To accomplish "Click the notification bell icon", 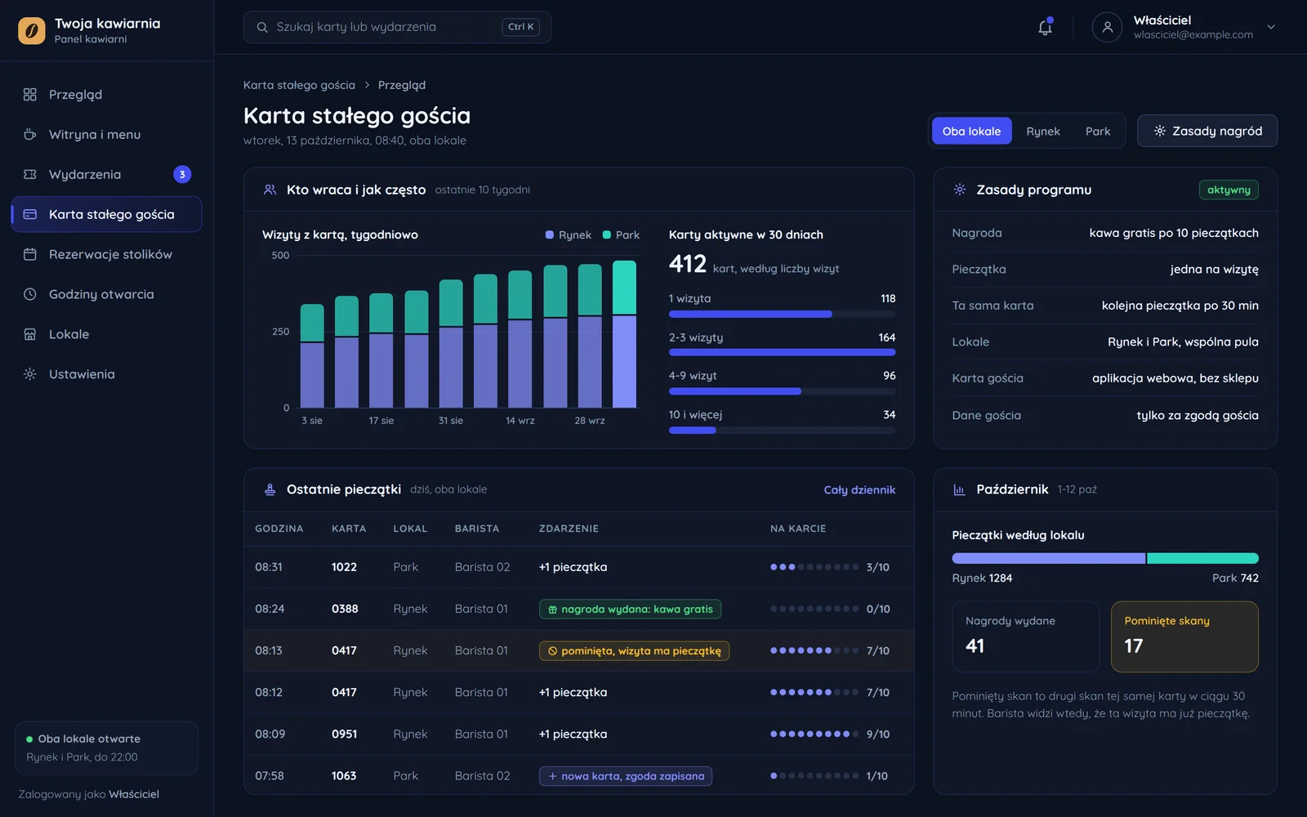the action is [x=1045, y=27].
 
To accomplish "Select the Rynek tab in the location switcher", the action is [x=1042, y=131].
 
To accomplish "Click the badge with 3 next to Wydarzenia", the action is [x=182, y=174].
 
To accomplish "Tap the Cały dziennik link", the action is [x=859, y=489].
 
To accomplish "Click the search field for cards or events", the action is [x=397, y=27].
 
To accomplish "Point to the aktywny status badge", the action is [x=1229, y=190].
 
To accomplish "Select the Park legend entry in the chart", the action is [x=621, y=234].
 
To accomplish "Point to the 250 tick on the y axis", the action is [x=281, y=332].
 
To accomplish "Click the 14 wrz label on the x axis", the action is [x=520, y=420].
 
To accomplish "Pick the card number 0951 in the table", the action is [x=344, y=734].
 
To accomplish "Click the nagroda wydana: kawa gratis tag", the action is [x=630, y=609].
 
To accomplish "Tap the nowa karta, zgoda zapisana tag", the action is [x=626, y=775].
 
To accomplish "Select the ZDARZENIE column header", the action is [x=569, y=528].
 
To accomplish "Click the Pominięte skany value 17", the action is [x=1133, y=645].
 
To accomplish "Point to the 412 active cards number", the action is [x=687, y=264].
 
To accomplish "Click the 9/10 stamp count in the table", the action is [x=877, y=734].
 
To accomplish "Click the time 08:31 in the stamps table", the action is [x=269, y=567].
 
